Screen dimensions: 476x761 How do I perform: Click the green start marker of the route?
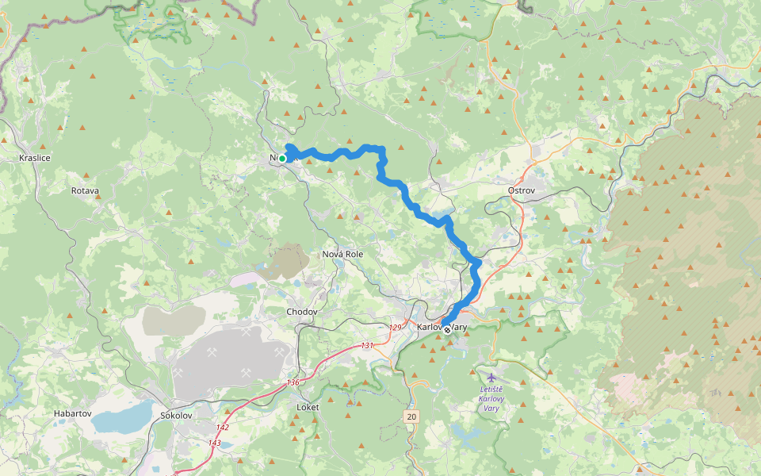coord(282,159)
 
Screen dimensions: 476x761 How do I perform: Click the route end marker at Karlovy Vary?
coord(447,329)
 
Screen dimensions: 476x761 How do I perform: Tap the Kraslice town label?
coord(35,158)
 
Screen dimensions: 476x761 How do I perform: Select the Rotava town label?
coord(85,191)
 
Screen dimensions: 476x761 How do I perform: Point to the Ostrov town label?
coord(522,191)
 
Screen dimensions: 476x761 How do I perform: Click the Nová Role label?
coord(342,254)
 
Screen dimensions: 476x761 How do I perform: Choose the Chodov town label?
coord(302,312)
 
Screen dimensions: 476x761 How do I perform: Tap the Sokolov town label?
coord(176,415)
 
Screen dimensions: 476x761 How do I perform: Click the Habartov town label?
coord(73,413)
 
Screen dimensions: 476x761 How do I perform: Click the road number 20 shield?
coord(411,416)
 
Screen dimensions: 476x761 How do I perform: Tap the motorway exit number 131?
coord(366,345)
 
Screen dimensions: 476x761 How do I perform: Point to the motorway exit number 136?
coord(293,383)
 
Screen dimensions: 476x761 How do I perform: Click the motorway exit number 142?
coord(224,427)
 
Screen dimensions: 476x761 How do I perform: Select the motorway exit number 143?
coord(215,443)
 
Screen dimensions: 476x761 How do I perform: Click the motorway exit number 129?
coord(396,327)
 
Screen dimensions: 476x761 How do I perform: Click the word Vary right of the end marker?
coord(458,327)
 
